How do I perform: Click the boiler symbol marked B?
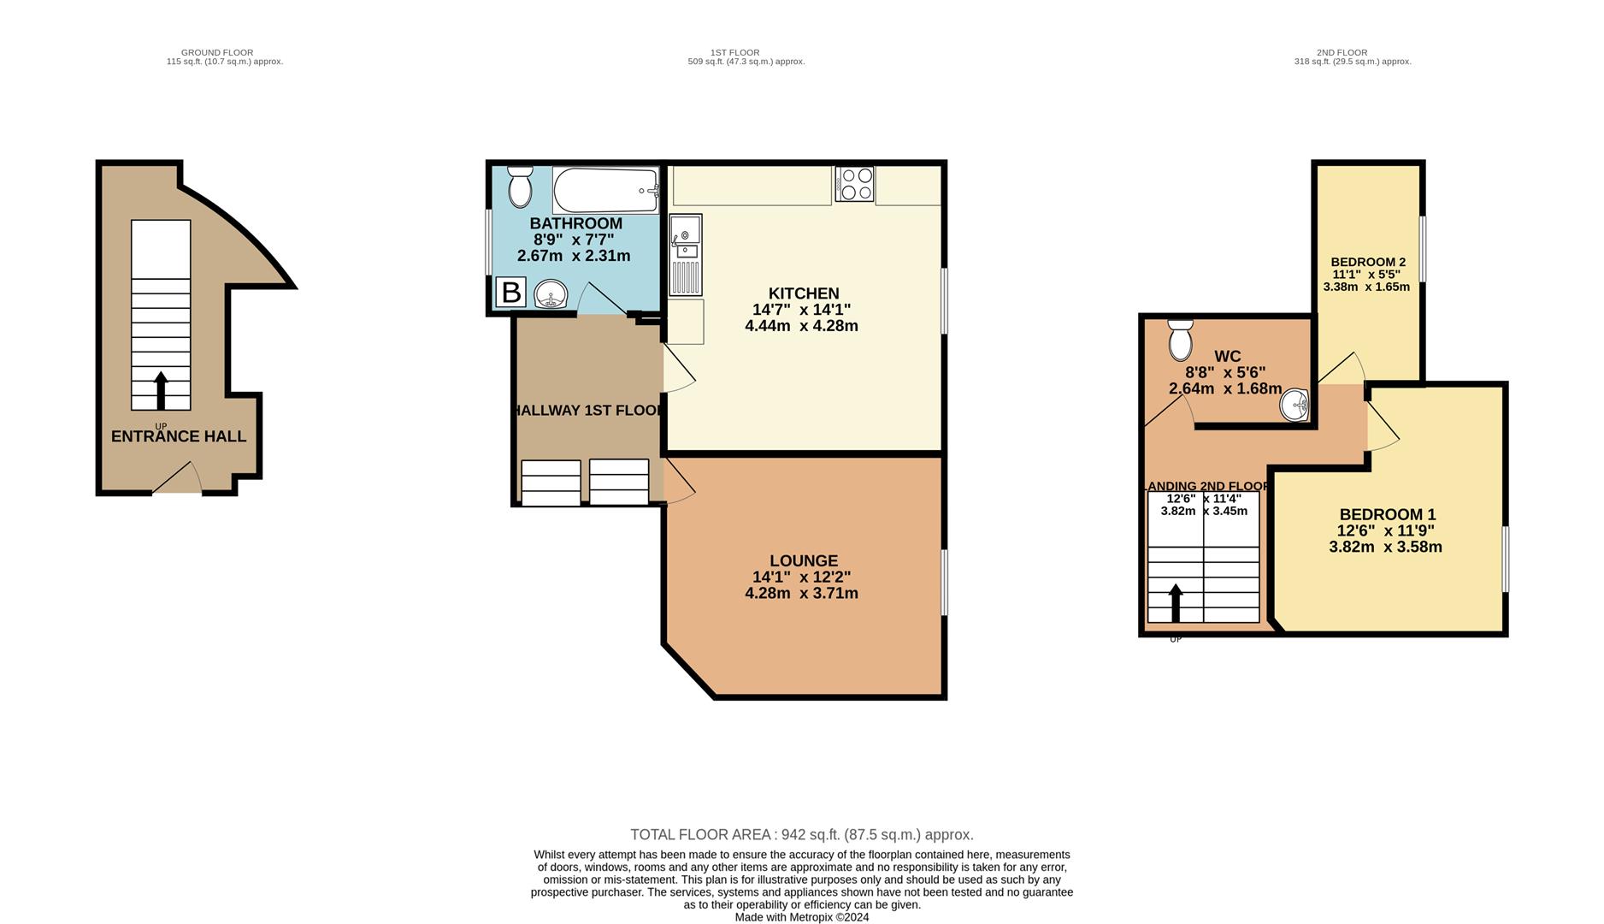510,293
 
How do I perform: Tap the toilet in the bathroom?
519,187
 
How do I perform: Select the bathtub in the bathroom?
605,190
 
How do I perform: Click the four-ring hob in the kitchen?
855,184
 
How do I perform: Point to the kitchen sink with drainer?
685,254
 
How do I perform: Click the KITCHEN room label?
803,293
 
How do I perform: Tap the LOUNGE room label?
803,561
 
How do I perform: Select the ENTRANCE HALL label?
179,436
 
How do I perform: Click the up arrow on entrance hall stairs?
161,390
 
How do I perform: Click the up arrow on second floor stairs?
1176,602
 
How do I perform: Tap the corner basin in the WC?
1294,405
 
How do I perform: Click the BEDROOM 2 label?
1368,262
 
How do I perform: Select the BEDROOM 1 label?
1387,514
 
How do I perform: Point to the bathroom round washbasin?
551,296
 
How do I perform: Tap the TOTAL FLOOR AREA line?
801,834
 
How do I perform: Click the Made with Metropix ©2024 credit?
801,917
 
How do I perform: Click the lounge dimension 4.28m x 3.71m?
801,593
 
